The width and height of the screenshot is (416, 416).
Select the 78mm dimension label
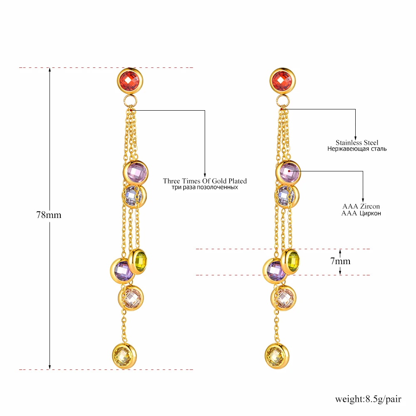tap(49, 215)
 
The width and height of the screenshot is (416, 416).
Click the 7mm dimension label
tap(340, 261)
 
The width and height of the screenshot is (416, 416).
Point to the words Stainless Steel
tap(357, 143)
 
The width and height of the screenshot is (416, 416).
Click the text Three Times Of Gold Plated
tap(205, 181)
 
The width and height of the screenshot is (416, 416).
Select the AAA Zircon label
tap(361, 206)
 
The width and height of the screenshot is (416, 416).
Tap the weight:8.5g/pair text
tap(368, 399)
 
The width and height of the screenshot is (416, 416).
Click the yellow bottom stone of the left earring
tap(124, 356)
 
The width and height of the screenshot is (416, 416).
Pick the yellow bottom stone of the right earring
tap(277, 356)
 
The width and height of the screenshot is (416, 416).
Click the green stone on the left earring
tap(139, 261)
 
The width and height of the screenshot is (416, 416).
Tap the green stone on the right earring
tap(292, 261)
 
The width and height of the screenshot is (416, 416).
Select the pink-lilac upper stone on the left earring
tap(136, 172)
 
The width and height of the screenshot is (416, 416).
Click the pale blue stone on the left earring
tap(133, 195)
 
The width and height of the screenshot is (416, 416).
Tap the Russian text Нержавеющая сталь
tap(357, 149)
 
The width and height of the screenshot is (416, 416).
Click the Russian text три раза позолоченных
tap(205, 188)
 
